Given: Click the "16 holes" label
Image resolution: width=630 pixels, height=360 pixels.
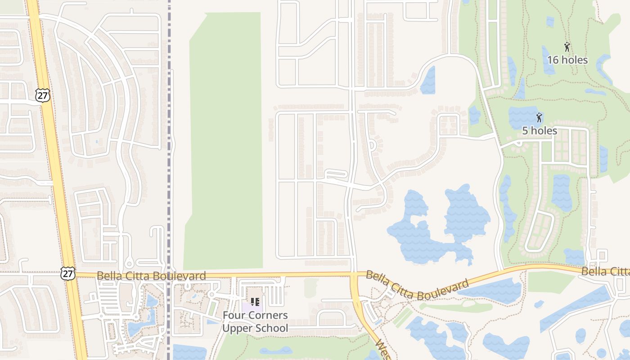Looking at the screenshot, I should point(567,60).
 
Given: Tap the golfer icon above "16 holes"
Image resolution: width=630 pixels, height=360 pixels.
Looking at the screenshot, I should point(567,46).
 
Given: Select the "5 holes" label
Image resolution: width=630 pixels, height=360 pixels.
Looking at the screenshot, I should point(540,131).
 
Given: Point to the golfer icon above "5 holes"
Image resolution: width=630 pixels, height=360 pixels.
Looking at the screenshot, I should point(539,118).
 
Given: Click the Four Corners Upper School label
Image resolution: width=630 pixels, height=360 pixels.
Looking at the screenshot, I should point(255,321).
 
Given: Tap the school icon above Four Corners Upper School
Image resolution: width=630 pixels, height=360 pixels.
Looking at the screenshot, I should point(255,302).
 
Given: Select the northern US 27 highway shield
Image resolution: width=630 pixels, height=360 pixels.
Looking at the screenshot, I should point(42,95).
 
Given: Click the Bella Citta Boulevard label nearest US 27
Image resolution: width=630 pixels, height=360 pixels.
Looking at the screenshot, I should point(151,275).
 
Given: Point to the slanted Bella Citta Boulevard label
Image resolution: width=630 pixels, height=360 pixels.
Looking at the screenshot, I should point(417,285).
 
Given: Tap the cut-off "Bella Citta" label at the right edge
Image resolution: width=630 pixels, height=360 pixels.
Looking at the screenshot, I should point(605,271).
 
